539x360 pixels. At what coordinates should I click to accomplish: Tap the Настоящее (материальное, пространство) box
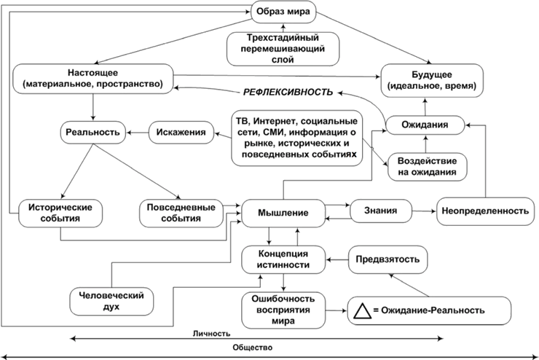point(96,79)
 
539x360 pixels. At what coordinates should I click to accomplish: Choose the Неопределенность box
point(482,211)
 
